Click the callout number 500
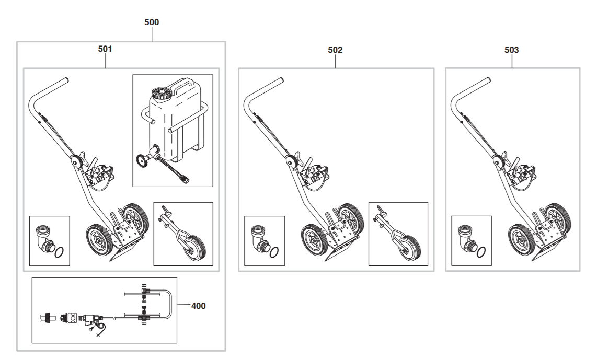(x=152, y=22)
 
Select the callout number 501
(x=105, y=49)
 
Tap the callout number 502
(x=335, y=50)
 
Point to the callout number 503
(x=511, y=50)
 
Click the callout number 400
(x=198, y=306)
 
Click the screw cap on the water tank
(x=161, y=93)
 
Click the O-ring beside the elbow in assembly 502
(x=274, y=252)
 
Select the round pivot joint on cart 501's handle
(x=76, y=162)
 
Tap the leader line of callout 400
(x=183, y=305)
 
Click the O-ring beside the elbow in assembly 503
(x=481, y=252)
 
